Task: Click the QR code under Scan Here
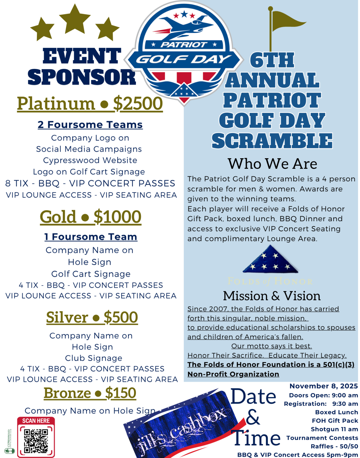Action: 36,441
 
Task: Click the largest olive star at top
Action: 75,19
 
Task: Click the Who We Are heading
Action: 272,164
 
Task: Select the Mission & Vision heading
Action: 272,296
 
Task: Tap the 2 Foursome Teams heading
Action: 90,124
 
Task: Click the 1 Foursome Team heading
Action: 91,237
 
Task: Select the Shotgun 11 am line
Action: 334,429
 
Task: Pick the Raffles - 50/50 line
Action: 334,446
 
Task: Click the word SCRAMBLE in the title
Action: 272,141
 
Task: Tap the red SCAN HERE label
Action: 36,421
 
